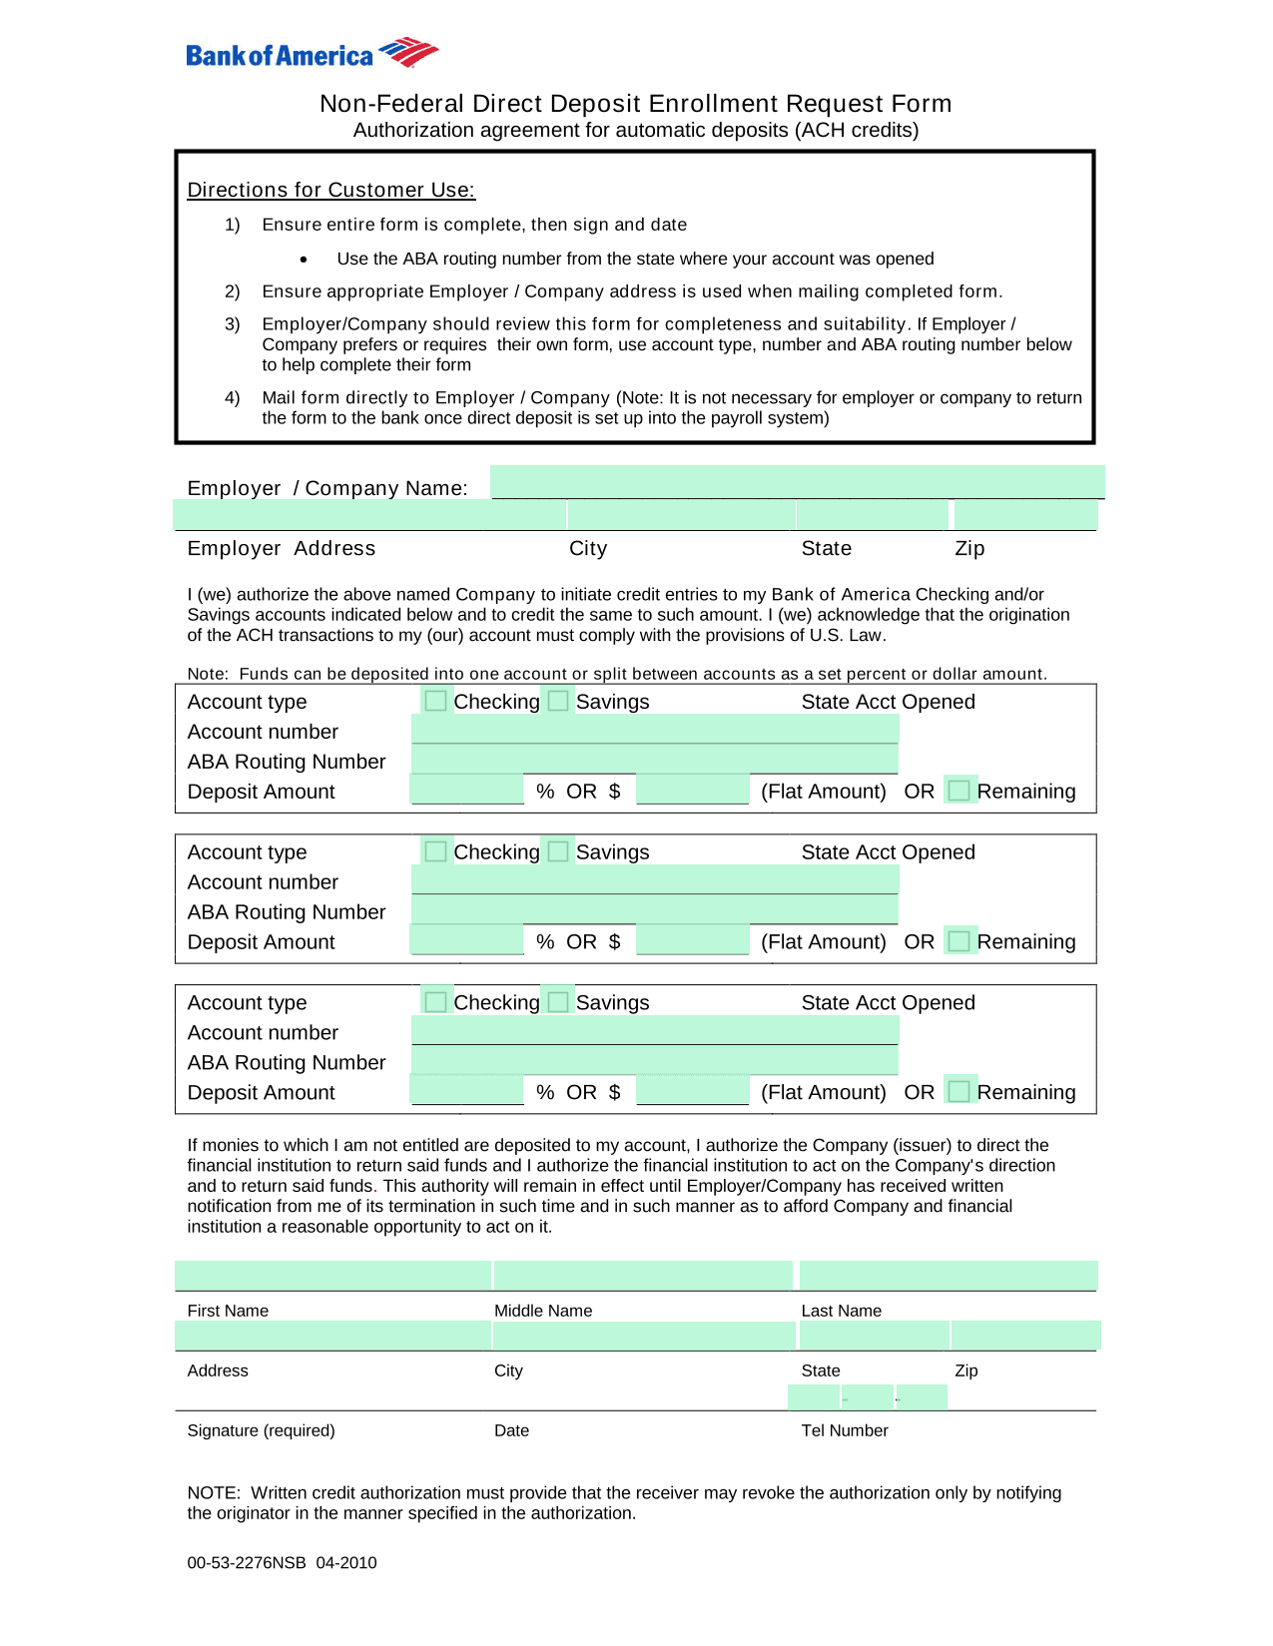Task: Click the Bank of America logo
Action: [x=312, y=54]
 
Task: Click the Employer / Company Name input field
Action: [x=797, y=482]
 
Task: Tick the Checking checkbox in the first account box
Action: [x=435, y=701]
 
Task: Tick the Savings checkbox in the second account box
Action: [x=558, y=851]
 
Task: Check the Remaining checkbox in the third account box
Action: [x=958, y=1092]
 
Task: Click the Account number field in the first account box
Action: [x=654, y=731]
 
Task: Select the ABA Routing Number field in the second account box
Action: [x=654, y=910]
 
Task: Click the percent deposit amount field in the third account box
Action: [x=466, y=1091]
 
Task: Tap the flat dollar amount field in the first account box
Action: [x=692, y=791]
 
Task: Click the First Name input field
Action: [x=332, y=1276]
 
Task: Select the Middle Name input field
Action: [x=643, y=1276]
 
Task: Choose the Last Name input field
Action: [x=948, y=1276]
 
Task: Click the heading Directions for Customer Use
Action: [x=330, y=190]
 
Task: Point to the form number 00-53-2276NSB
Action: [x=247, y=1563]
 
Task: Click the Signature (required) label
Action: [x=261, y=1430]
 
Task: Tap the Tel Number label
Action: [x=844, y=1430]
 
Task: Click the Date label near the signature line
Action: [x=511, y=1430]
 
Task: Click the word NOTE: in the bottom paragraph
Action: [x=214, y=1493]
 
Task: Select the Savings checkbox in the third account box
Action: [x=558, y=1002]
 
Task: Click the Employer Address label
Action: [x=281, y=548]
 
